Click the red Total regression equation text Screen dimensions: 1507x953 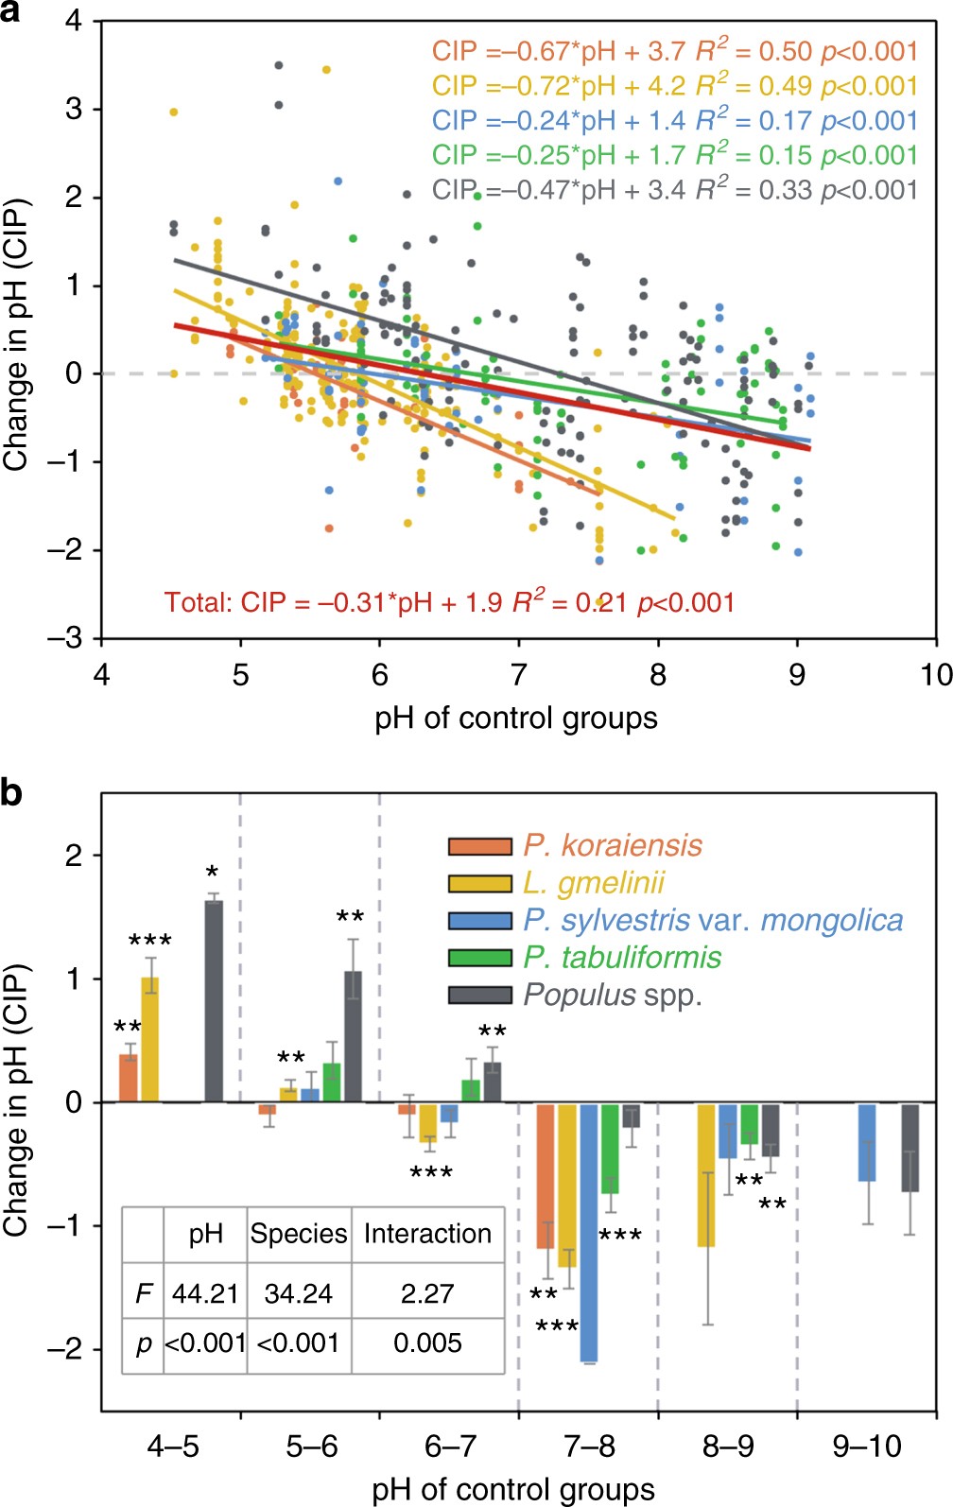449,602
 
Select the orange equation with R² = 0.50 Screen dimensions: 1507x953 674,51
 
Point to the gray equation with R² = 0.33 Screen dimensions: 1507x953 674,190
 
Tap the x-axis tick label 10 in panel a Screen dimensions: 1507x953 935,675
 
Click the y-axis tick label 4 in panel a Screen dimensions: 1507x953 74,21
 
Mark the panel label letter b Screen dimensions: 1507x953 12,792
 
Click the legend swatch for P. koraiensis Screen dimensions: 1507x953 479,845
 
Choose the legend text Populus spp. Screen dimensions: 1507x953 613,995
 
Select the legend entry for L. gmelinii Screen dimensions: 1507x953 594,883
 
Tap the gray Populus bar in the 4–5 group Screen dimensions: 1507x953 214,1000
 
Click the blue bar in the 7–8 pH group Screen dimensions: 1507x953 589,1232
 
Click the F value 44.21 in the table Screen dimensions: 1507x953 204,1292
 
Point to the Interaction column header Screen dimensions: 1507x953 427,1234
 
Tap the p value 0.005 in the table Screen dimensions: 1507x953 427,1342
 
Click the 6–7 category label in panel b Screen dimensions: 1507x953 450,1446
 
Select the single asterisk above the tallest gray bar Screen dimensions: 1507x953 213,873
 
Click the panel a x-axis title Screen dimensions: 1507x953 516,718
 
